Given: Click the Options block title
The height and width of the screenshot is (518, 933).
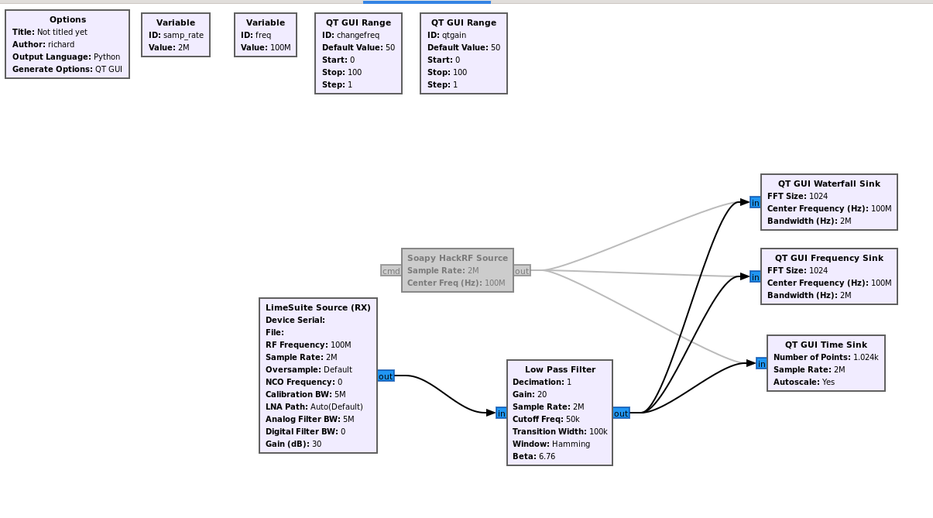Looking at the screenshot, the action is tap(67, 19).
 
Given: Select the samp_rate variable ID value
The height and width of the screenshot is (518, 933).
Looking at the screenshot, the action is tap(184, 36).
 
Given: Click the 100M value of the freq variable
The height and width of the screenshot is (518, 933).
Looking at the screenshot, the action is tap(280, 47).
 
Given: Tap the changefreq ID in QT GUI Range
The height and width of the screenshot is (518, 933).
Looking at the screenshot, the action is tap(358, 36).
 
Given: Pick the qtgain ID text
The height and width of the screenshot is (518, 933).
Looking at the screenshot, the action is tap(454, 36).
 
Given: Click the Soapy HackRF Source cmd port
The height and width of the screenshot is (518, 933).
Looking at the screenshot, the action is tap(391, 271).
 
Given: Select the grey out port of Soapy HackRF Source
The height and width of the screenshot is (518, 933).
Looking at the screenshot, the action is tap(522, 271).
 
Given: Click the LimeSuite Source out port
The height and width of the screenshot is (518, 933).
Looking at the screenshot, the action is tap(386, 376).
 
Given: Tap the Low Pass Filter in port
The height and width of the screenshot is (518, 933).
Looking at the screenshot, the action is tap(502, 413).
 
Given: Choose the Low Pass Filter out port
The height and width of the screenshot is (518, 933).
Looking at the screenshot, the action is tap(621, 413).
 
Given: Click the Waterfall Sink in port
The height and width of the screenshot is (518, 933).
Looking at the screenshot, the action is tap(755, 202).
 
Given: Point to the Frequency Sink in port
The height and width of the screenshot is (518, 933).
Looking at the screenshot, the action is tap(755, 276).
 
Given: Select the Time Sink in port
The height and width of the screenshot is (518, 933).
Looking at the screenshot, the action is tap(761, 363).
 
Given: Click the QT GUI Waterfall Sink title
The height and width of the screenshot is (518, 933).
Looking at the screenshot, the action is tap(829, 184).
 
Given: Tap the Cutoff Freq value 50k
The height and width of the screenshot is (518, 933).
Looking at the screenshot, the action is tap(573, 420).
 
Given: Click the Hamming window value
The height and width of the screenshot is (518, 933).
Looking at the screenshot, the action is tap(571, 444).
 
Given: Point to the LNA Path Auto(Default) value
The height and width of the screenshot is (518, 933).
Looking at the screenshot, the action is tap(337, 407).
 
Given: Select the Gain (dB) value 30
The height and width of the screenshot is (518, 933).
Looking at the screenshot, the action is tap(317, 444).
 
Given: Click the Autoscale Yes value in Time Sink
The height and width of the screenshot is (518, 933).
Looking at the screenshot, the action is tap(828, 382).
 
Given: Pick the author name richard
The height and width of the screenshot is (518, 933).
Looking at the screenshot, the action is tap(61, 45).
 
